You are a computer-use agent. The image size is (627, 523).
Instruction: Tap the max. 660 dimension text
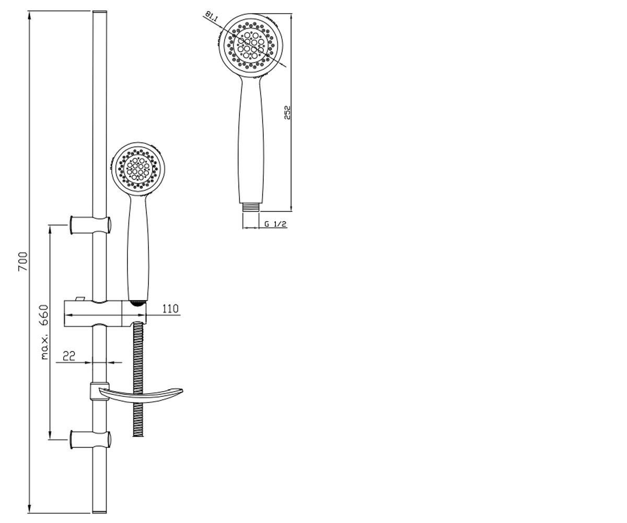pyautogui.click(x=44, y=332)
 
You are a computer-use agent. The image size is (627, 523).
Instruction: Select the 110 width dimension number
pyautogui.click(x=170, y=309)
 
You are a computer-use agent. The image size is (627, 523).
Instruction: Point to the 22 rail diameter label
pyautogui.click(x=69, y=356)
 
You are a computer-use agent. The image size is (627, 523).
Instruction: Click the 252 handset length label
pyautogui.click(x=287, y=112)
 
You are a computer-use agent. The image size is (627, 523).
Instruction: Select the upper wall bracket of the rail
pyautogui.click(x=90, y=225)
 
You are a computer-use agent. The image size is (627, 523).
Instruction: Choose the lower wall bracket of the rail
pyautogui.click(x=90, y=440)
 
